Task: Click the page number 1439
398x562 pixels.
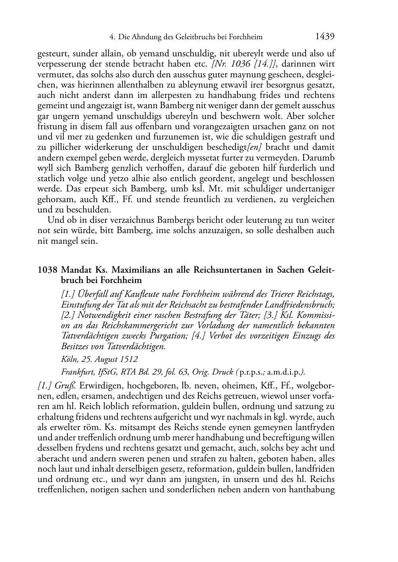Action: pyautogui.click(x=325, y=37)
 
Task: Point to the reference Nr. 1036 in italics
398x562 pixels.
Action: pyautogui.click(x=233, y=64)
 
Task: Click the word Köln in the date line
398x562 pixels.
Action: pyautogui.click(x=69, y=359)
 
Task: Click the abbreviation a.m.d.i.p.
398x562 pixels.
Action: pyautogui.click(x=283, y=372)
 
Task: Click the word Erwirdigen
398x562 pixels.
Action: pyautogui.click(x=103, y=385)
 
